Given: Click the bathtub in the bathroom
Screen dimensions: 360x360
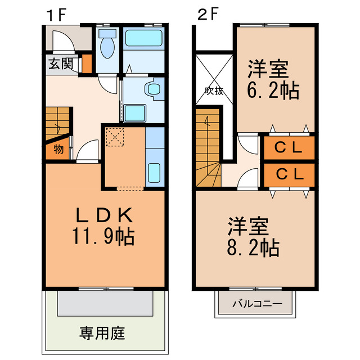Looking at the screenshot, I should pos(143,39).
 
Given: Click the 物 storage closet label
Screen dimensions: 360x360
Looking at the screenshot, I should pos(58,150).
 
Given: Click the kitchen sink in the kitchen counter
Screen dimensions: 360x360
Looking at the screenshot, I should pos(155,171).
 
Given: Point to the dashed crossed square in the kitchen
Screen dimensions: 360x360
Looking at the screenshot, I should pos(115,137).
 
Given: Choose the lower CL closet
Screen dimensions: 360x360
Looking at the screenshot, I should pos(289,174).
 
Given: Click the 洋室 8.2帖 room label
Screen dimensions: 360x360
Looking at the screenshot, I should pos(254,238).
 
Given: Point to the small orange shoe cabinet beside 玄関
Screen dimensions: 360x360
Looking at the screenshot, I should pos(86,64).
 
